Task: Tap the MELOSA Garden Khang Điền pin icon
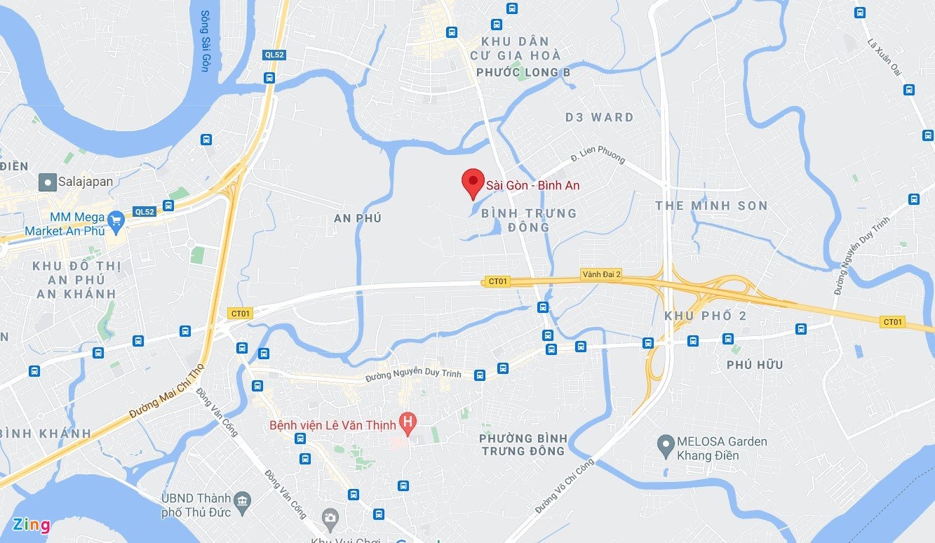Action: tap(665, 444)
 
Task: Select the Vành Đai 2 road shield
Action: tap(600, 274)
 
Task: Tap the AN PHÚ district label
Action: tap(358, 218)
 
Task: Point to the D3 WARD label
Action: tap(599, 117)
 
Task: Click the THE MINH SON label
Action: tap(711, 206)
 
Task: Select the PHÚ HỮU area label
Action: tap(755, 365)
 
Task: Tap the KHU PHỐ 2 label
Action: tap(706, 316)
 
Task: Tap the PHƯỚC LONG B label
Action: tap(523, 72)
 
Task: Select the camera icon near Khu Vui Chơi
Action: tap(329, 518)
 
